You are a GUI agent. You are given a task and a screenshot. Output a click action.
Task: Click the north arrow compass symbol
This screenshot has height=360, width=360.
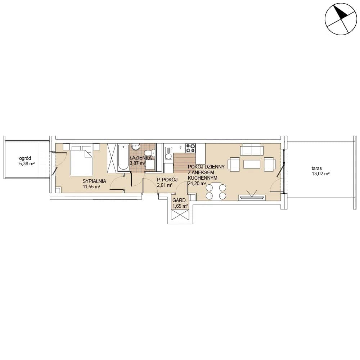(x=341, y=19)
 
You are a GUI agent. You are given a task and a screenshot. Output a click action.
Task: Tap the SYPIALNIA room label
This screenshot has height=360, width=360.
(x=94, y=181)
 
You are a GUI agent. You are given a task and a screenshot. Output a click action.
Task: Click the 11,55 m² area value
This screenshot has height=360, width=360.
(x=91, y=186)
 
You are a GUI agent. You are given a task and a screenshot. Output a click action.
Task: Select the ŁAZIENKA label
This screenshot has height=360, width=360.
(x=140, y=158)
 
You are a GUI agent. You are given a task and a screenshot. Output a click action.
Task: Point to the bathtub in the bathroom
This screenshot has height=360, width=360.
(x=123, y=157)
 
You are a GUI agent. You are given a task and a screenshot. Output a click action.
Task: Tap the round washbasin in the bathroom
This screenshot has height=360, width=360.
(x=136, y=147)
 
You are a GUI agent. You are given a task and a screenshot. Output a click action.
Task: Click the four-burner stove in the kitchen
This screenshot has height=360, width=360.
(x=190, y=148)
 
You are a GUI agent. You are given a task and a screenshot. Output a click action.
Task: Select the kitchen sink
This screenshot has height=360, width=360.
(x=169, y=153)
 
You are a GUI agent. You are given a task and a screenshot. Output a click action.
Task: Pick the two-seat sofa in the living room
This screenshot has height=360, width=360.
(x=252, y=149)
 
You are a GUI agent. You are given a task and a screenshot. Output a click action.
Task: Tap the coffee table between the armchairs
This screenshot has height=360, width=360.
(x=252, y=164)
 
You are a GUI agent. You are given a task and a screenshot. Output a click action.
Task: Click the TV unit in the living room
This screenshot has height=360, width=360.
(x=252, y=197)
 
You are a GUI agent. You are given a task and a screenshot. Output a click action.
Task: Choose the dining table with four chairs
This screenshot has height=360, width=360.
(x=216, y=192)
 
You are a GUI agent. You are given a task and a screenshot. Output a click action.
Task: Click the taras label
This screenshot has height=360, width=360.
(x=316, y=168)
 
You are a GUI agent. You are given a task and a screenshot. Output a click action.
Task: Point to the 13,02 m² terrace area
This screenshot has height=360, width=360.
(x=320, y=174)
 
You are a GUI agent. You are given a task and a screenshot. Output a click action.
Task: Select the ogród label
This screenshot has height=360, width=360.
(x=25, y=158)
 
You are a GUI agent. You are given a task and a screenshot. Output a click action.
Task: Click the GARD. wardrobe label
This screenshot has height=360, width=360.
(x=179, y=201)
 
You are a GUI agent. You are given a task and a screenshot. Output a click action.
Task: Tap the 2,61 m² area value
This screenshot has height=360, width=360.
(x=165, y=185)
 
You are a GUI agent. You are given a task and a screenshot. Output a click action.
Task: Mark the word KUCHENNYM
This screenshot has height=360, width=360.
(x=202, y=178)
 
